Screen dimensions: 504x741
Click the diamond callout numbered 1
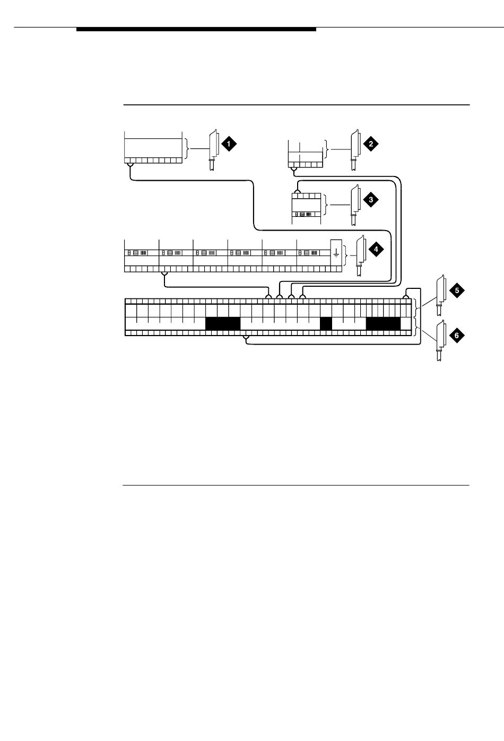click(x=229, y=144)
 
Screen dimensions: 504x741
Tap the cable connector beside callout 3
click(x=354, y=205)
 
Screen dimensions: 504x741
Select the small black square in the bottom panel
click(x=326, y=323)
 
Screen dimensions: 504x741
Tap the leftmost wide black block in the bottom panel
click(x=223, y=323)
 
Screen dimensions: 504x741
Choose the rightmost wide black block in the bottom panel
click(x=383, y=323)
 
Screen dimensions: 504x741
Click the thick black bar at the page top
click(x=196, y=30)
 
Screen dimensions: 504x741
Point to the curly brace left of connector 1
click(x=187, y=149)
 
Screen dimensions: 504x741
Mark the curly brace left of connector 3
click(x=327, y=205)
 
